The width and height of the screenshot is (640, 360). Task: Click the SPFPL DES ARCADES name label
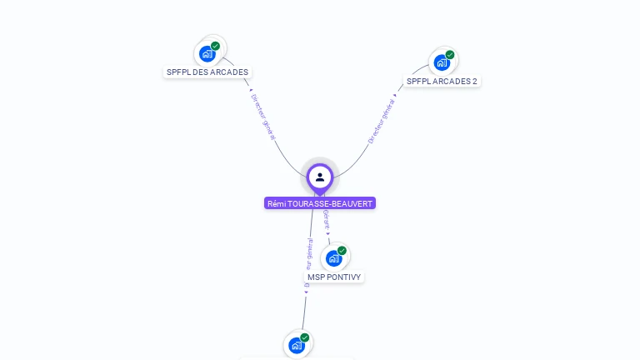pyautogui.click(x=207, y=72)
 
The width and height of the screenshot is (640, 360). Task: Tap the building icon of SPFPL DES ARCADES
pyautogui.click(x=207, y=54)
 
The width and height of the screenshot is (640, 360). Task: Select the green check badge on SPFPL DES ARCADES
pyautogui.click(x=215, y=47)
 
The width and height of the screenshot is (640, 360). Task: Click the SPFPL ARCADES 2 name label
pyautogui.click(x=442, y=82)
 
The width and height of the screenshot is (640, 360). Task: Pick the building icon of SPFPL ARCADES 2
pyautogui.click(x=442, y=62)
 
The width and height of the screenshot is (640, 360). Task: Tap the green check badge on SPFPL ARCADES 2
pyautogui.click(x=450, y=55)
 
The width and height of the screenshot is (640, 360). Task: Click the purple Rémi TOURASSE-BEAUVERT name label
pyautogui.click(x=320, y=203)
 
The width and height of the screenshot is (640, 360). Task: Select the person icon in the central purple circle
pyautogui.click(x=320, y=177)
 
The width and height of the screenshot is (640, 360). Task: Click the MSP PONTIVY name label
pyautogui.click(x=335, y=277)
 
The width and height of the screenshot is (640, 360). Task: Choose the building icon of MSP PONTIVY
pyautogui.click(x=333, y=257)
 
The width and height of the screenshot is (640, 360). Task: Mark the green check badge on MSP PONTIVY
pyautogui.click(x=342, y=250)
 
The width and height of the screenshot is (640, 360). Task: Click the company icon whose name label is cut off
pyautogui.click(x=297, y=345)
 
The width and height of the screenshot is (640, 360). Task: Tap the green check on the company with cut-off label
pyautogui.click(x=305, y=337)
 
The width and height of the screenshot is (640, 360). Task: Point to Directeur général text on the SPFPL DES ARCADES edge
pyautogui.click(x=262, y=116)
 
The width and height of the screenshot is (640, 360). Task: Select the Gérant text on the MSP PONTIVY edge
pyautogui.click(x=327, y=220)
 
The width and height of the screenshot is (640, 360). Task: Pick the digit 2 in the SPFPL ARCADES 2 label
pyautogui.click(x=475, y=82)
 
